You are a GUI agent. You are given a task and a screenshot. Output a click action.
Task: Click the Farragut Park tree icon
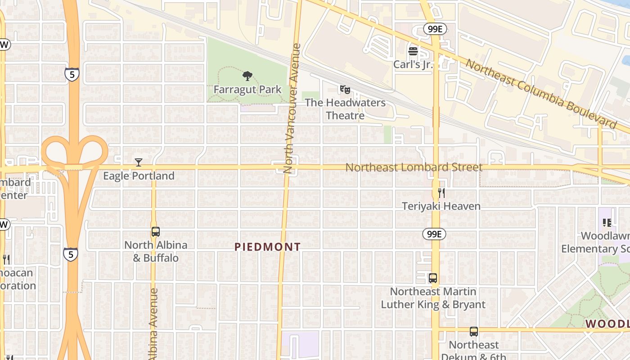[247, 76]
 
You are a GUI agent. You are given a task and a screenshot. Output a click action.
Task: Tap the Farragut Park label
[247, 90]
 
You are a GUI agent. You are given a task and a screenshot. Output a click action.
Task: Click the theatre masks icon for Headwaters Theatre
[345, 90]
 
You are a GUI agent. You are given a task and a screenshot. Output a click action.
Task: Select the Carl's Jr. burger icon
[413, 51]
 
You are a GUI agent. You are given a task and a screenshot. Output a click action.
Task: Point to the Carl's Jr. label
[413, 64]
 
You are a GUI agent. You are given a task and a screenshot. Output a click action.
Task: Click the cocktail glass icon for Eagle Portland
[139, 162]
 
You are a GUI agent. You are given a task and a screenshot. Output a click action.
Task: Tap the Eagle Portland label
[139, 176]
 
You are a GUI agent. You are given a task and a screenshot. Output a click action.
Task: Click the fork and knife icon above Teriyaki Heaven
[441, 193]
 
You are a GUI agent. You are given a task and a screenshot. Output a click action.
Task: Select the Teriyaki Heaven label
[441, 206]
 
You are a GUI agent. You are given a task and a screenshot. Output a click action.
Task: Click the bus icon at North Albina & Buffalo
[155, 232]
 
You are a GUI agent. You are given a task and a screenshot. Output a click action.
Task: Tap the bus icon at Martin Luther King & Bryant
[433, 278]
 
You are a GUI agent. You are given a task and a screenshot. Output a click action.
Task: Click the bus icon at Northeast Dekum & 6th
[474, 332]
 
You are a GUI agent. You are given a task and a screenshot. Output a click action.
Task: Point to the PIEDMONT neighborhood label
[267, 247]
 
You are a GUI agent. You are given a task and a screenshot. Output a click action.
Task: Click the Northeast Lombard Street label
[414, 167]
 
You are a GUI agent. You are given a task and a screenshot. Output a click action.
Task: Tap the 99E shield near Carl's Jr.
[435, 29]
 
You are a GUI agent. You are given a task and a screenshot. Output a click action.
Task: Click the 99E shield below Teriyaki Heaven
[434, 234]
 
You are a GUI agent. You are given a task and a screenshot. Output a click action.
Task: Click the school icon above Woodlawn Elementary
[607, 223]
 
